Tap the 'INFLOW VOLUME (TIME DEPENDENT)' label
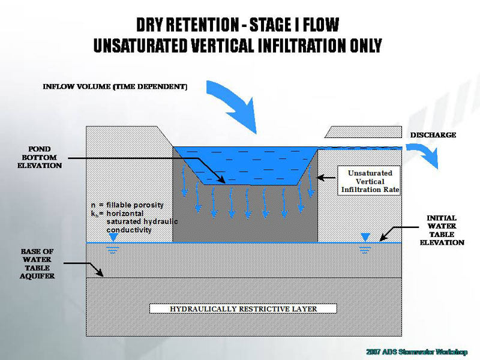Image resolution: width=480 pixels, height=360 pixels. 115,87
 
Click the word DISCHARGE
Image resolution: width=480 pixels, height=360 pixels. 433,135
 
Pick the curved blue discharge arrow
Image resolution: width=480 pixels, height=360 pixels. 430,157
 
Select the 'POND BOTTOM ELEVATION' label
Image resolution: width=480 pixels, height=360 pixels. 40,157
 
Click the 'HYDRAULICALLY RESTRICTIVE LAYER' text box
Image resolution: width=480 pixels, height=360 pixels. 243,309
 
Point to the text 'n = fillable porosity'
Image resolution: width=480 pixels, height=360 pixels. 122,206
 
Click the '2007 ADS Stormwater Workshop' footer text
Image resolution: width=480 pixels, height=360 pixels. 415,351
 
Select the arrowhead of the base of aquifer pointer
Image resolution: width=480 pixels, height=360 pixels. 104,274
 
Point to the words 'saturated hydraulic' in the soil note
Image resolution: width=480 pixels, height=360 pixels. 142,221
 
